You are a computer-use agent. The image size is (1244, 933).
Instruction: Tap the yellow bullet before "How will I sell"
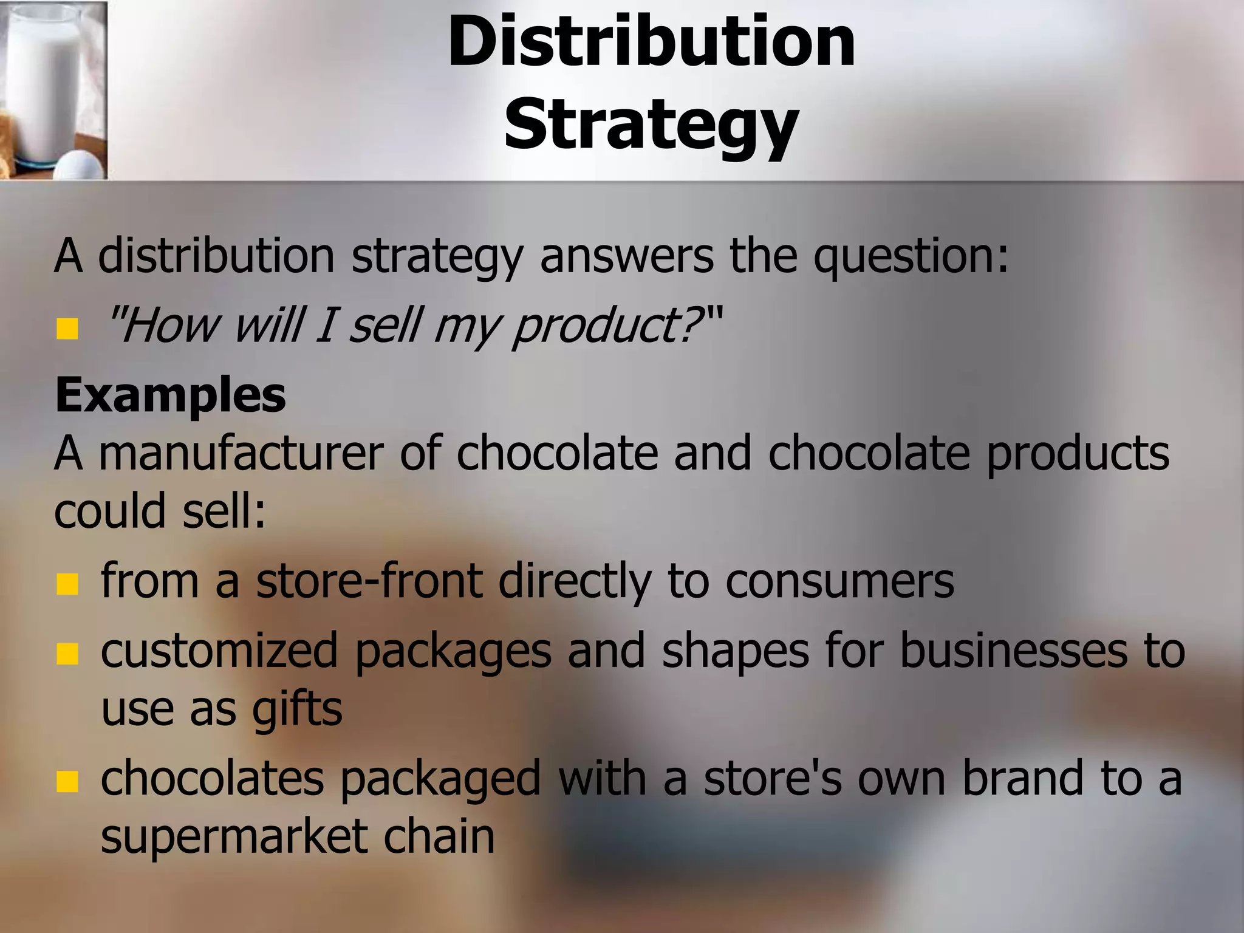click(67, 330)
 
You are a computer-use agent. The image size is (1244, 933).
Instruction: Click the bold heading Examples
click(170, 395)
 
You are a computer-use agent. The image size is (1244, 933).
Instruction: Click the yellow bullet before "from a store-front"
click(67, 584)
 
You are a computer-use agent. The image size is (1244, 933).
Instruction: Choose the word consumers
click(839, 582)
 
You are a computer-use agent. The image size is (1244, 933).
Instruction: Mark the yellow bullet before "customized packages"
click(67, 654)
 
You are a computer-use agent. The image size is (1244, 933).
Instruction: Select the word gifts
click(297, 711)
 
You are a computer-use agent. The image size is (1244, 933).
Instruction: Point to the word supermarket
click(234, 837)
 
